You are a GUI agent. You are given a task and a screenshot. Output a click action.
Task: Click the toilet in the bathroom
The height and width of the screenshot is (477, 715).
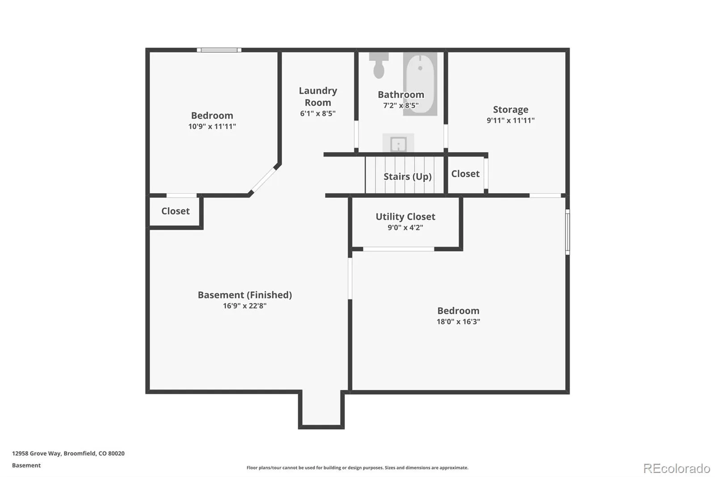tap(379, 65)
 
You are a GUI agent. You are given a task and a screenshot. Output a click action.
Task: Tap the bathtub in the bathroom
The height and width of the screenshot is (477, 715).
tap(420, 84)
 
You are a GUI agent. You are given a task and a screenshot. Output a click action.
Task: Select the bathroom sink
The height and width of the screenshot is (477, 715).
tap(398, 143)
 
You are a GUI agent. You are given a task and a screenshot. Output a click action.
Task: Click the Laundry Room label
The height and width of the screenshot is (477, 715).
tap(318, 96)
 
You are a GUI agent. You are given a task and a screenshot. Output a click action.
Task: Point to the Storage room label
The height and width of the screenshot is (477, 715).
tap(510, 109)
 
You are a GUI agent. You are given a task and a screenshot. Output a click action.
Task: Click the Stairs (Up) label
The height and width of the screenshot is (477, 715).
tap(407, 176)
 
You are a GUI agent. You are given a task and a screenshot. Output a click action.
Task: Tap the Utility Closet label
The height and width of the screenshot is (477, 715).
tap(405, 217)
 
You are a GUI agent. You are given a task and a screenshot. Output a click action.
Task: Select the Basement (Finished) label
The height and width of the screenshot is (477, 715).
tap(245, 295)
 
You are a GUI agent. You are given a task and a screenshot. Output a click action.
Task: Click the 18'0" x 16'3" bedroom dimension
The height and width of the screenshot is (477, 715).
tap(458, 321)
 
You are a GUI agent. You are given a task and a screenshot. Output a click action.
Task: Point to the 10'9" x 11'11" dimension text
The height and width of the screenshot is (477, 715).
tap(212, 126)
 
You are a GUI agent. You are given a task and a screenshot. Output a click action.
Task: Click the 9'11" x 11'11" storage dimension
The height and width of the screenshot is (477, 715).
tap(510, 120)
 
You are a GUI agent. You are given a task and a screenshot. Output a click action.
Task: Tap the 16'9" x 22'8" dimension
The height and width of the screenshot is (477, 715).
tap(245, 306)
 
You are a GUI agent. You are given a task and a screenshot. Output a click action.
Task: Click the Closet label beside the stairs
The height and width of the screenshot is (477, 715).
tap(465, 174)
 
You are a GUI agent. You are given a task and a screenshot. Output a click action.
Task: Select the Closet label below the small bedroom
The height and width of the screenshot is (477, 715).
tap(175, 211)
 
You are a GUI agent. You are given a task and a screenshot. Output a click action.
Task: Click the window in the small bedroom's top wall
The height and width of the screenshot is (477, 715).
tap(219, 50)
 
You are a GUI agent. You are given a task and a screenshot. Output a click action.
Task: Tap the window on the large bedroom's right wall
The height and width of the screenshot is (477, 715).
tap(568, 232)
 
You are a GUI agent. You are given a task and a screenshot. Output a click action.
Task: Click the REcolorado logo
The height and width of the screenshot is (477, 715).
tap(677, 468)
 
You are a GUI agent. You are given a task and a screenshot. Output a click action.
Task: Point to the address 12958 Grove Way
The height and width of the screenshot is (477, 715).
tap(68, 453)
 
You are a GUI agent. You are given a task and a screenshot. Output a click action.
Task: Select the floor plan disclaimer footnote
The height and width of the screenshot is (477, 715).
tap(357, 468)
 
